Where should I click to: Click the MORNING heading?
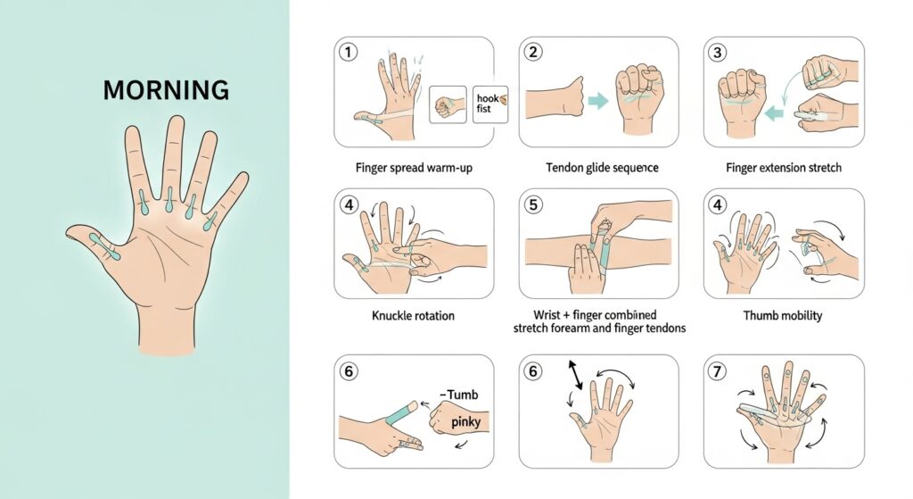[166, 90]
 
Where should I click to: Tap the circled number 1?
[348, 53]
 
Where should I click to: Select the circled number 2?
[533, 53]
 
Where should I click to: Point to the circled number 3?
[718, 53]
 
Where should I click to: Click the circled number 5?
[533, 204]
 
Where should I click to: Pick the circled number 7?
[718, 371]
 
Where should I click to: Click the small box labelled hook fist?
[490, 104]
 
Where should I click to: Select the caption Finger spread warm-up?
[414, 168]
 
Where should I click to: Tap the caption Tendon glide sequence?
[602, 168]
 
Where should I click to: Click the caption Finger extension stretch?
[783, 168]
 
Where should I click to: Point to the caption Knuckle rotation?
[413, 316]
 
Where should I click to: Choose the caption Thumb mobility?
[783, 316]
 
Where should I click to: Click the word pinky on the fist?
[465, 422]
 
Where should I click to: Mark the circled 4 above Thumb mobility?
[718, 204]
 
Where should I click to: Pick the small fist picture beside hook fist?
[448, 105]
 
